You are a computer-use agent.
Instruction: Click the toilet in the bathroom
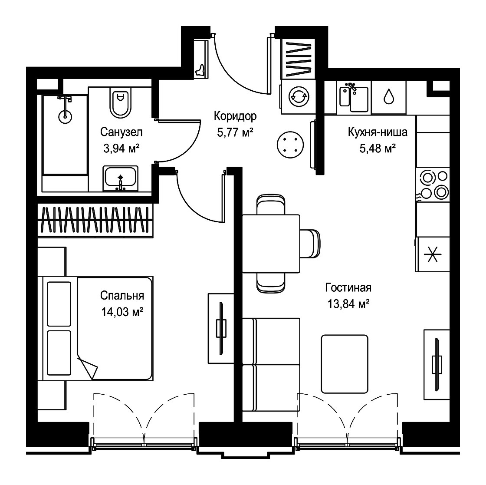121,102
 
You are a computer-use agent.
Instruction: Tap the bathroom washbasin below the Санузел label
121,178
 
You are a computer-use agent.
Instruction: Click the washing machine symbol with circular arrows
299,96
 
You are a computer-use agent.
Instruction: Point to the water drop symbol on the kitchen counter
389,96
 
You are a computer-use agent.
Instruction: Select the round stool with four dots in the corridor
290,145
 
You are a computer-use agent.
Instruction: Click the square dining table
271,244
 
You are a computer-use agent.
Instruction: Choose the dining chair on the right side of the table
310,244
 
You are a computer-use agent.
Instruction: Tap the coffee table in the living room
345,364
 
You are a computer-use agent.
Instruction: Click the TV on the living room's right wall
437,364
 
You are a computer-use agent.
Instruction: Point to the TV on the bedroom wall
221,328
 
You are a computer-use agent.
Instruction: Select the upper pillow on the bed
59,304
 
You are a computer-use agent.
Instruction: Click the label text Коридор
235,116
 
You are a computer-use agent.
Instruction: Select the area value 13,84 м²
348,304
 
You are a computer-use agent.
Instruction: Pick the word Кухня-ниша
378,132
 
